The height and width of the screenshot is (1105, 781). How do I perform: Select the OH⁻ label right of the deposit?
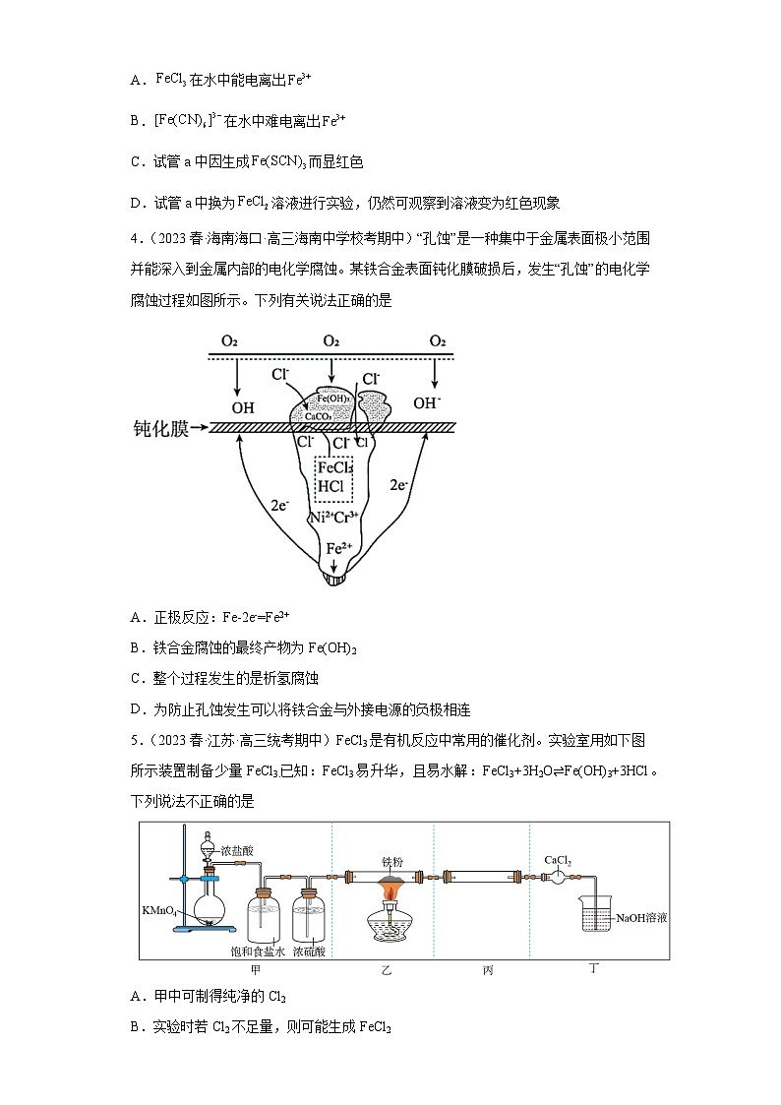pyautogui.click(x=427, y=402)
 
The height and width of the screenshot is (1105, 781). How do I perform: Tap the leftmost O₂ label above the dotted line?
pyautogui.click(x=229, y=341)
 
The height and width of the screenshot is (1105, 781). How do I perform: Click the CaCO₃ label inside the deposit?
pyautogui.click(x=317, y=415)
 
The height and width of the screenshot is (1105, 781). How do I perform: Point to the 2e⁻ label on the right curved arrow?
pyautogui.click(x=398, y=485)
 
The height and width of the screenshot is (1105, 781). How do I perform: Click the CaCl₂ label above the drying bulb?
pyautogui.click(x=558, y=861)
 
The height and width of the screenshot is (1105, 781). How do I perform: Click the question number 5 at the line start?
pyautogui.click(x=135, y=741)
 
